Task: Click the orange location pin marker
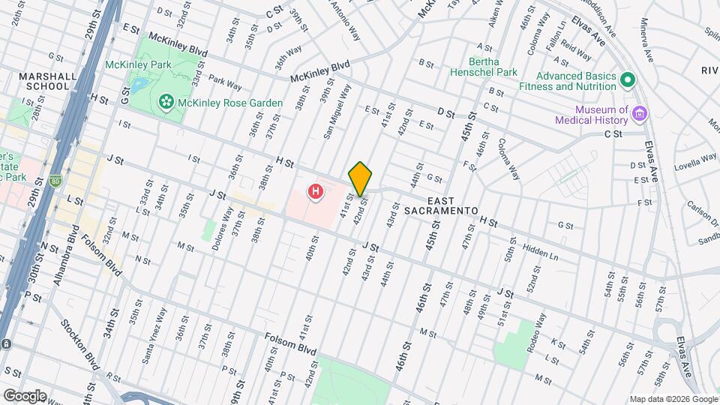pyautogui.click(x=360, y=178)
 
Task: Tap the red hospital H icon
pyautogui.click(x=316, y=193)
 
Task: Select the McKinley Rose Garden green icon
pyautogui.click(x=166, y=101)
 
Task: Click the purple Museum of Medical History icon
pyautogui.click(x=640, y=114)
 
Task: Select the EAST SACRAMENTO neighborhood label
pyautogui.click(x=452, y=206)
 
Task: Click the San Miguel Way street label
pyautogui.click(x=337, y=112)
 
